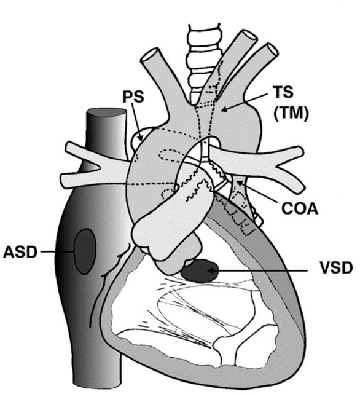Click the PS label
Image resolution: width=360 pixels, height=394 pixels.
(x=133, y=97)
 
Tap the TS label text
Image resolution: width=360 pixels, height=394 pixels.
(x=283, y=92)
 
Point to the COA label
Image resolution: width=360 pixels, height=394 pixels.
(x=300, y=208)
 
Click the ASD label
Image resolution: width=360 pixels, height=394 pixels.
(x=20, y=252)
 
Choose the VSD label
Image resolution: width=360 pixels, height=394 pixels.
(x=336, y=268)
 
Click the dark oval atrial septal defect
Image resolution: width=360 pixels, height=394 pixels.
(x=85, y=251)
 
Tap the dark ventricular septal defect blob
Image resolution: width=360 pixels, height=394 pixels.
(x=200, y=270)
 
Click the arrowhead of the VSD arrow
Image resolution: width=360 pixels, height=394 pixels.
(x=211, y=270)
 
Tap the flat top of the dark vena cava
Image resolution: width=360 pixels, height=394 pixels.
(x=106, y=112)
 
